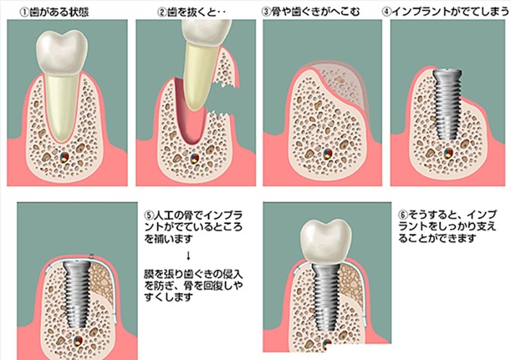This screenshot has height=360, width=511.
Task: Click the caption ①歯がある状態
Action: [x=54, y=12]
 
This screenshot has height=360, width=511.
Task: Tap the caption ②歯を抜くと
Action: [x=192, y=12]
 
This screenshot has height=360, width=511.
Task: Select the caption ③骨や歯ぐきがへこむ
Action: [x=310, y=11]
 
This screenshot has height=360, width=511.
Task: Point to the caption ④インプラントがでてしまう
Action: [x=445, y=11]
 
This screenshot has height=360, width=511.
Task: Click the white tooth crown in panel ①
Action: [x=62, y=52]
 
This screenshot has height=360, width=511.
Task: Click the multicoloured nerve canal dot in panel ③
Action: [x=328, y=154]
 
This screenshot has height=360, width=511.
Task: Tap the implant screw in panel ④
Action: [x=447, y=104]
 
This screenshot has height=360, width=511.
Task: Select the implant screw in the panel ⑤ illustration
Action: [x=77, y=294]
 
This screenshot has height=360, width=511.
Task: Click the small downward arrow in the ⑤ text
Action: [x=188, y=256]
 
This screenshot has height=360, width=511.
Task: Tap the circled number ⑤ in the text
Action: [x=149, y=215]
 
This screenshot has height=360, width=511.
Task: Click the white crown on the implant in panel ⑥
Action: [x=326, y=241]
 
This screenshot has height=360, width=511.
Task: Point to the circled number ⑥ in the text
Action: [x=403, y=215]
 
